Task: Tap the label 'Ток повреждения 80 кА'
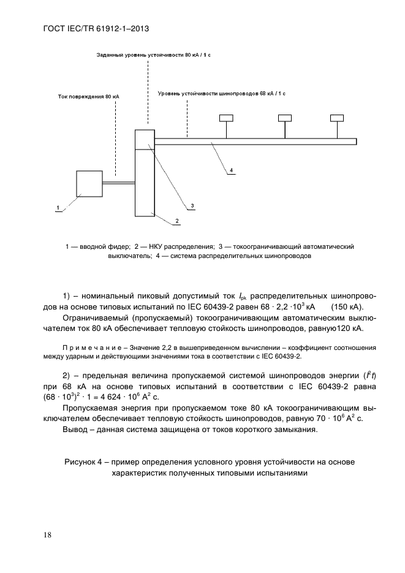point(88,96)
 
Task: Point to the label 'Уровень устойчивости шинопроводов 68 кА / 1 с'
point(222,93)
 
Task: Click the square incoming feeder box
point(89,183)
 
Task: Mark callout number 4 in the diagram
point(231,169)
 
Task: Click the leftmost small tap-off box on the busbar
point(227,118)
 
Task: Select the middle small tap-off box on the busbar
point(284,118)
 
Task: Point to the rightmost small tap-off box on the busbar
point(337,118)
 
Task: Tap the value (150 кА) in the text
point(347,306)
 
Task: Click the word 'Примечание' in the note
point(93,347)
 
